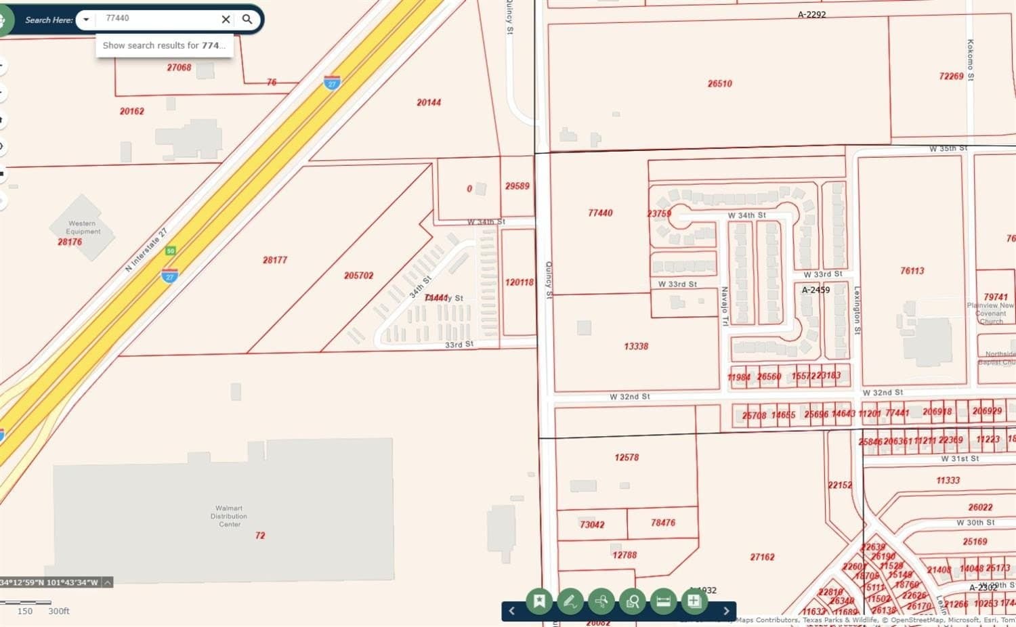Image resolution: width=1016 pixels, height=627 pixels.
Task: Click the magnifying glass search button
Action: (x=247, y=20)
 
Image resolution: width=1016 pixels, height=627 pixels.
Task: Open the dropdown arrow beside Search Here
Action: (x=86, y=20)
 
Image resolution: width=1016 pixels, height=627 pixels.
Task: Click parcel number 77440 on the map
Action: (x=600, y=213)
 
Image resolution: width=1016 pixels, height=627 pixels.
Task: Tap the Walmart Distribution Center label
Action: (x=229, y=516)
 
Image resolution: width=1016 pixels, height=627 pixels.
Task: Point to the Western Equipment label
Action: (x=83, y=228)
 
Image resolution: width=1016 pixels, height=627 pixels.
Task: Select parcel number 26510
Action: (x=719, y=84)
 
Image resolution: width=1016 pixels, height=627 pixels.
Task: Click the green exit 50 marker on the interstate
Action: (x=171, y=251)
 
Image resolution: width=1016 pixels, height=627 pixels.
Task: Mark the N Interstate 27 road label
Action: (x=146, y=251)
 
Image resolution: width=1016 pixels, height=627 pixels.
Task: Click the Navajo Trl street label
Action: (x=724, y=306)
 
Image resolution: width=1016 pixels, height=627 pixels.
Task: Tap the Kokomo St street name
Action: (x=970, y=60)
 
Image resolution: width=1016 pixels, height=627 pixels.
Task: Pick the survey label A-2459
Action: (x=816, y=290)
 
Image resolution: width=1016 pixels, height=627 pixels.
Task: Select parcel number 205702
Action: (x=358, y=276)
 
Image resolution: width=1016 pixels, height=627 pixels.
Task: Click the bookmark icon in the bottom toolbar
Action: (x=539, y=601)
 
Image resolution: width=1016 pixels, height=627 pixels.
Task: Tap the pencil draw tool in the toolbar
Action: (x=570, y=601)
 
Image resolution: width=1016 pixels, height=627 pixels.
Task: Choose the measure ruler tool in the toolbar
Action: (x=663, y=601)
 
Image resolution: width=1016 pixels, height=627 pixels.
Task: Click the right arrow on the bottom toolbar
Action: (x=726, y=611)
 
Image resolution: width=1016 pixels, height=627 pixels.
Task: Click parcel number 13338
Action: (x=636, y=347)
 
